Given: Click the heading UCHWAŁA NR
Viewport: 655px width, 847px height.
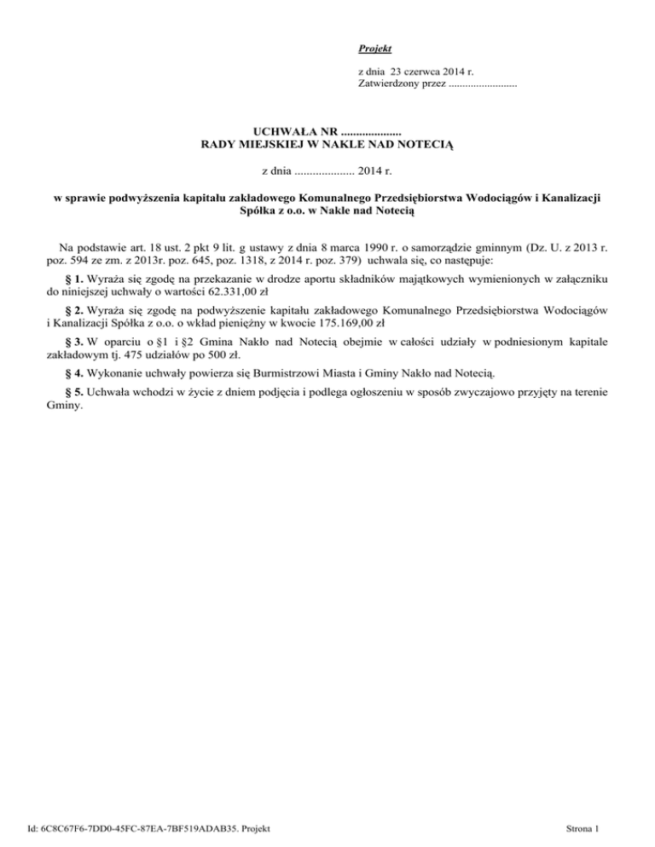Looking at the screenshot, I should [296, 132].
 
